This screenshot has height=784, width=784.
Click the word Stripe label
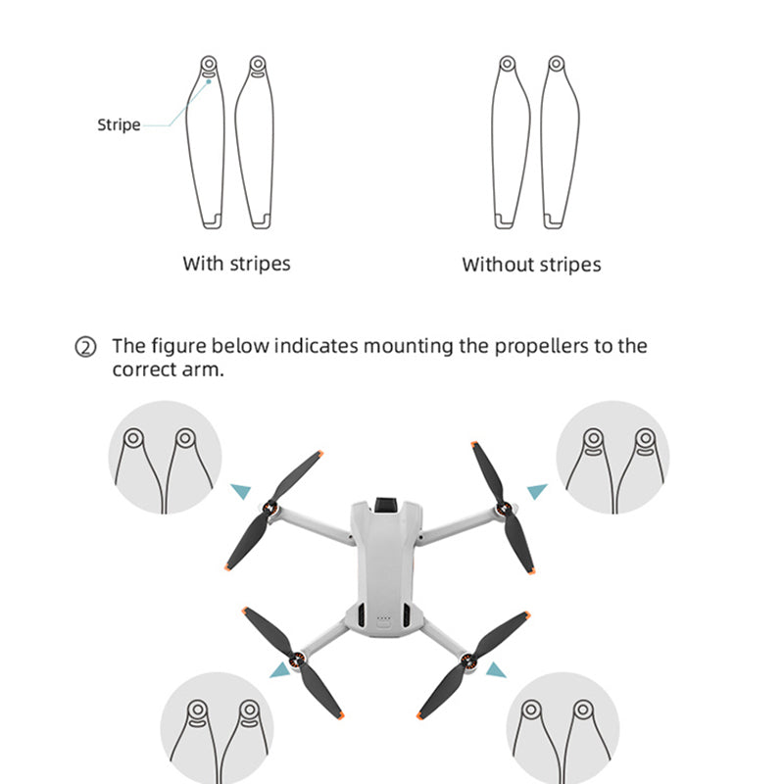[x=119, y=125]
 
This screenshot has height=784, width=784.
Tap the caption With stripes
[x=236, y=264]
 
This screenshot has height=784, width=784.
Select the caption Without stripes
[x=531, y=265]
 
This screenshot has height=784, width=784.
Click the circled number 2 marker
[x=87, y=347]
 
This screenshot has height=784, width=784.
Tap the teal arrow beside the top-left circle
[x=239, y=491]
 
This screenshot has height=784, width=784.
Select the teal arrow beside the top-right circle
[x=536, y=489]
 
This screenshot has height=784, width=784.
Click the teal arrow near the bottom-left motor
[x=282, y=669]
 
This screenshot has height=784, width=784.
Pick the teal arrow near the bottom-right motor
[x=497, y=669]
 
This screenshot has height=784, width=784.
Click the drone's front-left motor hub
[x=272, y=511]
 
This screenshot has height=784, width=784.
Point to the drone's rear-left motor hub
[x=294, y=660]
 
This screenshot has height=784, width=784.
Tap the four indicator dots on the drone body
[x=384, y=618]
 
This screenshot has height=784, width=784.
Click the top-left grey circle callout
[x=165, y=457]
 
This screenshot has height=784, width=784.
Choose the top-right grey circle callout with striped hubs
[x=612, y=457]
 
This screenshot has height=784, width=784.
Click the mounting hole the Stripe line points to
[x=209, y=67]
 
